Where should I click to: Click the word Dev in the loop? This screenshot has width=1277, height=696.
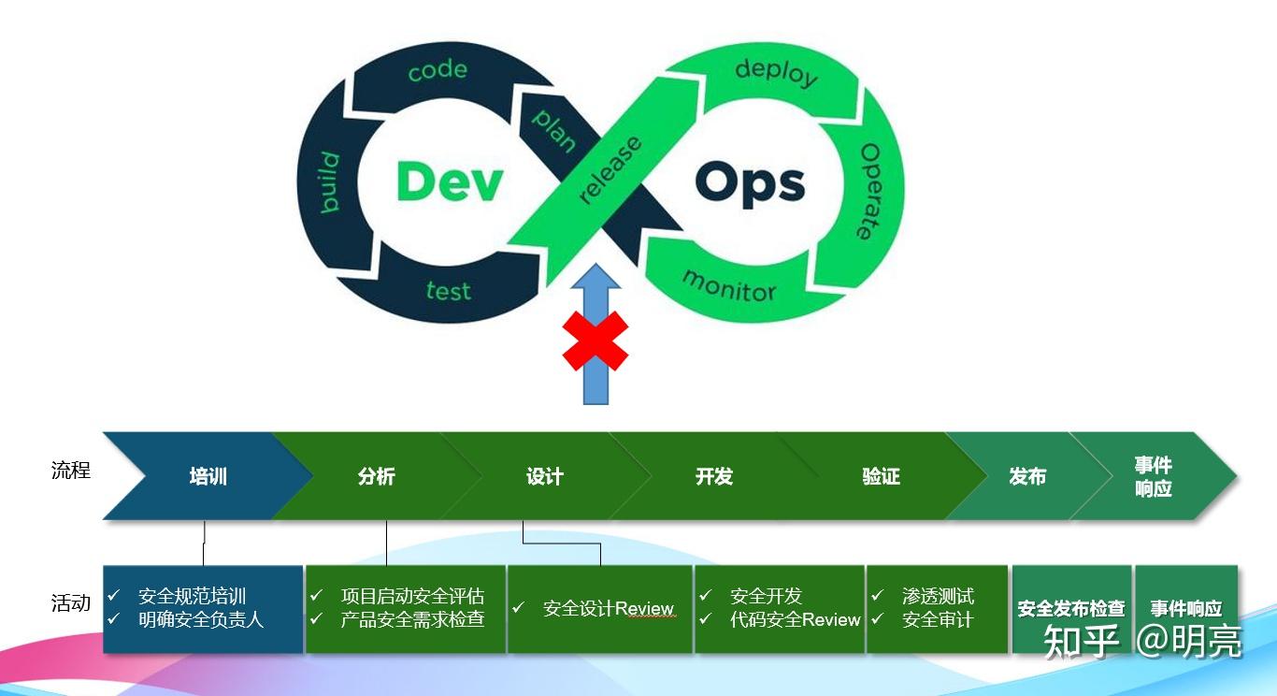point(450,181)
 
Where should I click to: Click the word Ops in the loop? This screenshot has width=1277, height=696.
point(750,183)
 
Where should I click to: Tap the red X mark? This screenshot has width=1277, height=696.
point(595,341)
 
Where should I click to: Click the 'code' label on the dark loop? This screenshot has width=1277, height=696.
point(437,70)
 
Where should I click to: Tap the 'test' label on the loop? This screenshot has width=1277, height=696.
point(448,291)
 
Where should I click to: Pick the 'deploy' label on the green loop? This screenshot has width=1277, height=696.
point(776,72)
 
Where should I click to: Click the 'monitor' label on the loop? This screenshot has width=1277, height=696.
point(728,284)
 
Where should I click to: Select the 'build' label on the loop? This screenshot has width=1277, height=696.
point(328,181)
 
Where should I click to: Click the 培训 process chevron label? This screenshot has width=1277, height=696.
point(208,476)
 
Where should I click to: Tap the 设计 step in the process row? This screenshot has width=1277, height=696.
point(544,476)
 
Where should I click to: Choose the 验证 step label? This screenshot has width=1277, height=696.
point(881,476)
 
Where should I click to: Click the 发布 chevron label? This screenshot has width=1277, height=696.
point(1026,476)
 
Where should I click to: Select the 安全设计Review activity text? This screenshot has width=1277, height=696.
point(608,608)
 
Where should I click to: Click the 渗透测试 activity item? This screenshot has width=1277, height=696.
point(938,596)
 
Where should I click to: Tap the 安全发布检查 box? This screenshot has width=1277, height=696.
point(1070,609)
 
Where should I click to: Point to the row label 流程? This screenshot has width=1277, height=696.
point(71,470)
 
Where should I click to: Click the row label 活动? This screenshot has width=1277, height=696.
point(71,603)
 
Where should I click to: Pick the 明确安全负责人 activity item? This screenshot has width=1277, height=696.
point(201,619)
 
